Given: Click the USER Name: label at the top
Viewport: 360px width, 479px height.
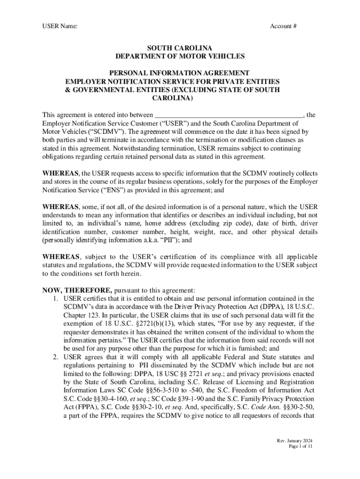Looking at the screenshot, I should [x=60, y=26].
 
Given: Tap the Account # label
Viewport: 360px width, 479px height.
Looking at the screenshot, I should [x=283, y=26].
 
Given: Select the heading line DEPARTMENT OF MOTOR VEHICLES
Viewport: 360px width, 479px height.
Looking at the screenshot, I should [x=180, y=56].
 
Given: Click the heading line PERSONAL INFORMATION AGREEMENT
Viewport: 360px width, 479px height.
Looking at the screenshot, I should [x=180, y=73].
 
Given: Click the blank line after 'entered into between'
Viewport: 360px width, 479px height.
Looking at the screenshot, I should [x=229, y=115].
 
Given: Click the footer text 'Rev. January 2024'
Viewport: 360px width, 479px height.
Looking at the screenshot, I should [x=294, y=441].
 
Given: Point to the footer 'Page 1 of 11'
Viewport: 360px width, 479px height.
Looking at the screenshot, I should [x=300, y=447].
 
